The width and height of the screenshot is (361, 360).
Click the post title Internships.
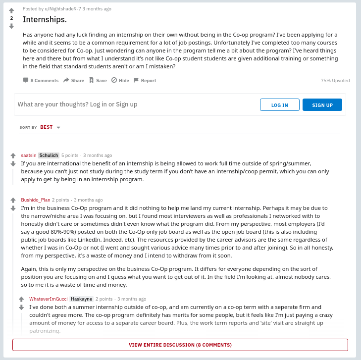[45, 20]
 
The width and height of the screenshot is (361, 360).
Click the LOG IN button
[279, 105]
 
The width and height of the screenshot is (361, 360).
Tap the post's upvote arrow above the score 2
[11, 10]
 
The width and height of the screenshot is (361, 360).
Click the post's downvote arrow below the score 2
[11, 26]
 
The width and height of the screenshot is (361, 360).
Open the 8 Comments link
[41, 80]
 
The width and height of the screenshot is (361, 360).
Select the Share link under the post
[74, 80]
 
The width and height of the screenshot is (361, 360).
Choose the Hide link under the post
[120, 80]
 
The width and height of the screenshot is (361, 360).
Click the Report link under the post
[145, 80]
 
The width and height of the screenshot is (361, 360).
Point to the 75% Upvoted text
[335, 80]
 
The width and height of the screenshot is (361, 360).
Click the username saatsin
[29, 155]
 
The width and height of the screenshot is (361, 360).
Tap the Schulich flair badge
[49, 155]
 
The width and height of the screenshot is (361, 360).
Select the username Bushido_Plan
[36, 200]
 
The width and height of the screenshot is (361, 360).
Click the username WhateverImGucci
[49, 299]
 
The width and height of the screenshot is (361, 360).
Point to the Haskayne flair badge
[81, 299]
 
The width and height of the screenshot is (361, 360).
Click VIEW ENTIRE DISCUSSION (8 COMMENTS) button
[180, 345]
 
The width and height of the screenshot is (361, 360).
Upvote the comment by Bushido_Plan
[13, 201]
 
